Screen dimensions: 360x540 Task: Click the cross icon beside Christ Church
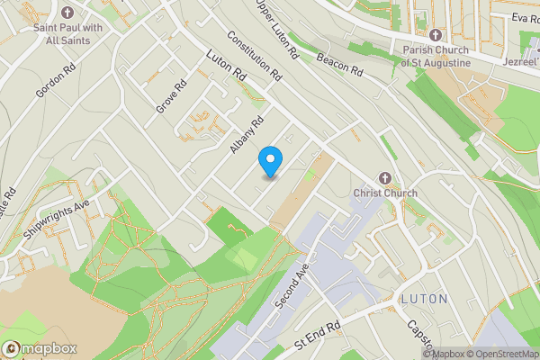pos(387,178)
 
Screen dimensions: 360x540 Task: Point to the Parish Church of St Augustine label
pos(437,57)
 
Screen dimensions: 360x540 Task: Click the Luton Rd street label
pos(225,67)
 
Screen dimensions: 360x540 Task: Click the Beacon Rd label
pos(337,63)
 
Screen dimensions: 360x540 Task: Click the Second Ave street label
pos(292,287)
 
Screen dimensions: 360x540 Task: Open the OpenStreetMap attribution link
pos(499,354)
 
